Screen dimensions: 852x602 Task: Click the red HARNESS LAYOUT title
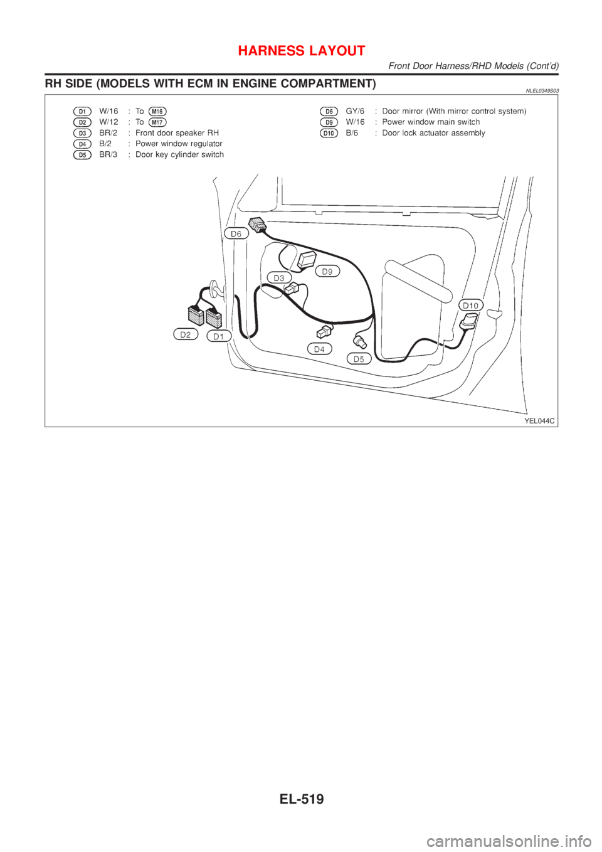click(301, 51)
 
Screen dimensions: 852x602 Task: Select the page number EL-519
click(301, 799)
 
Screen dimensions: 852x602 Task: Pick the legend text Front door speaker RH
click(177, 133)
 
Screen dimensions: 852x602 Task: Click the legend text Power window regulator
click(179, 144)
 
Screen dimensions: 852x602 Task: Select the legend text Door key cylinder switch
click(180, 154)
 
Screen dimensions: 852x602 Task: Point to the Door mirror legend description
click(454, 111)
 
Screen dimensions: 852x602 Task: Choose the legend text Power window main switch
click(431, 122)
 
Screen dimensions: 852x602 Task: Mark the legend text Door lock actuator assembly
click(434, 133)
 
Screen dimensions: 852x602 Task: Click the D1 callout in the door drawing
click(219, 336)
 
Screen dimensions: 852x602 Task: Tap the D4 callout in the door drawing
click(320, 348)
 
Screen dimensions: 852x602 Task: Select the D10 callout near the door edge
click(470, 305)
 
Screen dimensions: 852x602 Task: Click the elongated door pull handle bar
click(417, 282)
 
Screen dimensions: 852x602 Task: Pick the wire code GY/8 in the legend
click(355, 111)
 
